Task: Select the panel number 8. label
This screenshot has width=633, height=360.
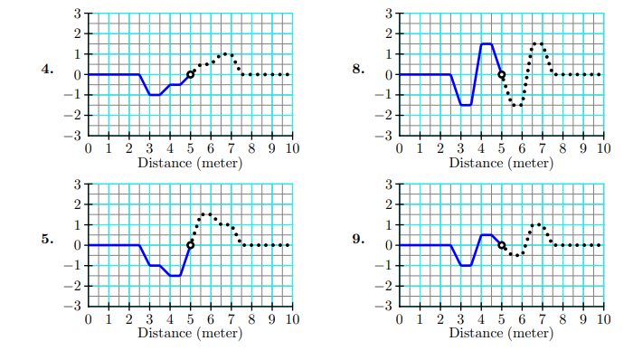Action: [x=359, y=70]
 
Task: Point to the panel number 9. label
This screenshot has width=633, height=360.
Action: [x=359, y=240]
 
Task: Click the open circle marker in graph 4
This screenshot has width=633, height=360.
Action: [x=190, y=74]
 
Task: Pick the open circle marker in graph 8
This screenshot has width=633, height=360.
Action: [x=502, y=74]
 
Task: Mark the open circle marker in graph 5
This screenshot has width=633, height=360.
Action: [x=190, y=245]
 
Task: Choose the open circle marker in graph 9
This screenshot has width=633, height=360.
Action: [x=502, y=245]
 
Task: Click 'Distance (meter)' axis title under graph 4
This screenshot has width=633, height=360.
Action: [x=190, y=163]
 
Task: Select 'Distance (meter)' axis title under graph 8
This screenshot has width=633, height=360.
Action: [x=502, y=163]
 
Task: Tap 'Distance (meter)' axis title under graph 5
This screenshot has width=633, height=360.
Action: [x=190, y=333]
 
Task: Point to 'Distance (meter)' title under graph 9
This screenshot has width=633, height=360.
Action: [x=502, y=333]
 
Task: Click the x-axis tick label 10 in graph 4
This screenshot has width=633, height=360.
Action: [x=292, y=148]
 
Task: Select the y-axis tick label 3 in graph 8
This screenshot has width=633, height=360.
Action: [x=387, y=14]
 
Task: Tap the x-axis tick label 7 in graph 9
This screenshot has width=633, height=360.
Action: [x=543, y=319]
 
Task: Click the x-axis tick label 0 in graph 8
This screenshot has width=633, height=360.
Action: [x=400, y=148]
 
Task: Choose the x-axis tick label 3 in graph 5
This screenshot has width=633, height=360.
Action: [x=149, y=319]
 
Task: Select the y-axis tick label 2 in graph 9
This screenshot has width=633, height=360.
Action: [x=387, y=204]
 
